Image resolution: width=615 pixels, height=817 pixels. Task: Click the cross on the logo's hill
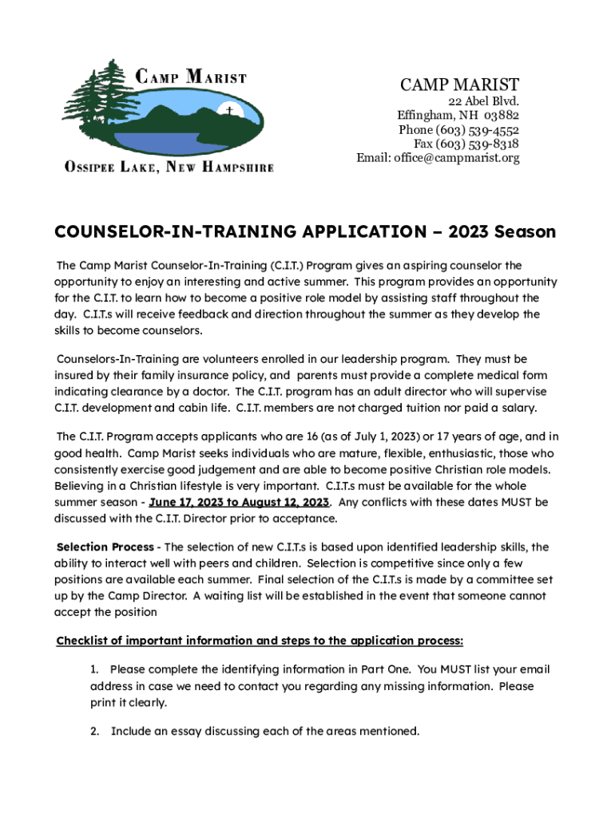229,112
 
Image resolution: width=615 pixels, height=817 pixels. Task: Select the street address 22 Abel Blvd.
483,101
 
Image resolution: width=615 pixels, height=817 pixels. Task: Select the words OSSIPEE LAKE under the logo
111,168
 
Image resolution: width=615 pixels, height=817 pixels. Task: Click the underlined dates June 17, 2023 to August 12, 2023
239,503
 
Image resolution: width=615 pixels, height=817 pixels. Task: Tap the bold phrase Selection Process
105,547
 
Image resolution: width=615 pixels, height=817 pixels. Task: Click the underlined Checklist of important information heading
260,641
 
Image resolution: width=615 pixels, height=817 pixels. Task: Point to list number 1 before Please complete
94,669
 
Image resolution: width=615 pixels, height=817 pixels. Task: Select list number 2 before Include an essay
94,731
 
